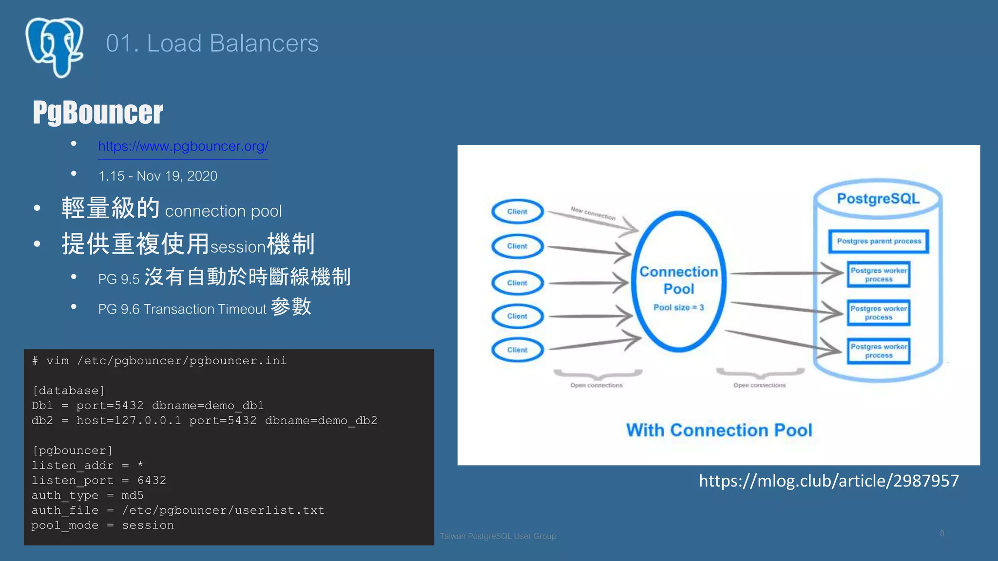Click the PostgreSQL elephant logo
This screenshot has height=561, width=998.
point(54,47)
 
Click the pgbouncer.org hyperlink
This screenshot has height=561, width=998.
point(183,146)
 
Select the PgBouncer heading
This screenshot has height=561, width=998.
point(97,112)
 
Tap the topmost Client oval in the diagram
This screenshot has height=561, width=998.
point(517,211)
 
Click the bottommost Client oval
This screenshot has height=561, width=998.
point(517,350)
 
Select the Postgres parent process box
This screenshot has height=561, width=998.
point(879,241)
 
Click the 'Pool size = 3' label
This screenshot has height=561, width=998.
point(678,307)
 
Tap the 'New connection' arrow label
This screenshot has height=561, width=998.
point(593,213)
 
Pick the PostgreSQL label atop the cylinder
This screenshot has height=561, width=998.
point(878,199)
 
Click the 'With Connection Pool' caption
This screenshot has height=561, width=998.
point(719,430)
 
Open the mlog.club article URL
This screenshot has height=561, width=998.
point(828,481)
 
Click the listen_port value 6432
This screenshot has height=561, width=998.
point(152,481)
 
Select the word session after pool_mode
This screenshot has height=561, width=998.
point(148,525)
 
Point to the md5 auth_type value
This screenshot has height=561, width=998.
point(133,495)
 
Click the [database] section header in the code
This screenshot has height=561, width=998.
point(68,391)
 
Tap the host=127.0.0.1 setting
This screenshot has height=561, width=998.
point(129,420)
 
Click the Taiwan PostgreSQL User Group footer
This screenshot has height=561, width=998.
point(498,536)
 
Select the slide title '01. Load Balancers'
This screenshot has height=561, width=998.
point(212,43)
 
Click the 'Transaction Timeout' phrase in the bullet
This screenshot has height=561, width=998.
point(205,309)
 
